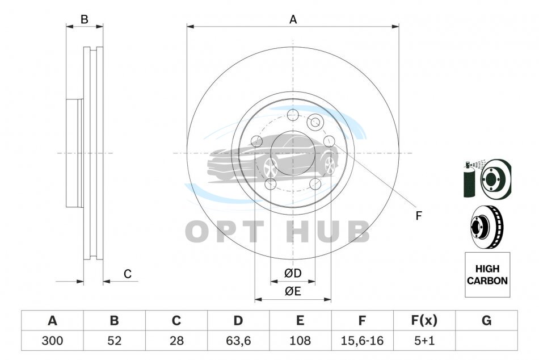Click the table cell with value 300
(x=52, y=340)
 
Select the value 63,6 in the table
(x=238, y=340)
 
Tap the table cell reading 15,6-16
(x=362, y=340)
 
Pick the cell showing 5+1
(x=424, y=340)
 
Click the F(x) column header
(x=424, y=320)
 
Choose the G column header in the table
(x=486, y=320)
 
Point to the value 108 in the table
(x=300, y=340)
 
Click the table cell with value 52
(x=114, y=340)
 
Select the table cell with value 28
(x=176, y=340)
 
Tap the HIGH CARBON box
(x=487, y=275)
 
